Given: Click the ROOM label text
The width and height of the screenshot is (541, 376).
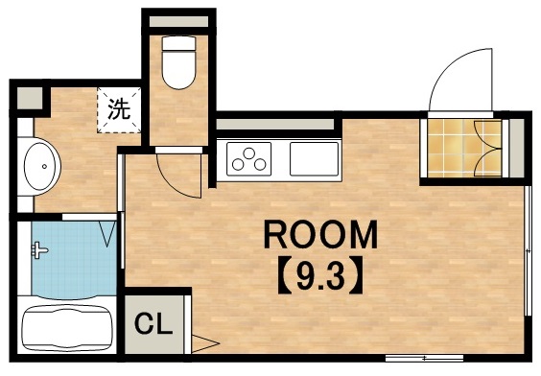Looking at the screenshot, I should [320, 234].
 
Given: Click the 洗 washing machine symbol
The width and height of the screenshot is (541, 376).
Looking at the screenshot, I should [118, 107].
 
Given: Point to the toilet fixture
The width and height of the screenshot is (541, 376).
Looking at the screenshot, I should [177, 64].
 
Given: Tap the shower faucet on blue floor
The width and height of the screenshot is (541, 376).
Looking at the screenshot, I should [39, 251].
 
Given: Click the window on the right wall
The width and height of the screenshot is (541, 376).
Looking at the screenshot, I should [529, 249].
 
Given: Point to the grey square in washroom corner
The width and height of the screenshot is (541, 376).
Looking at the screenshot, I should [30, 97].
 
